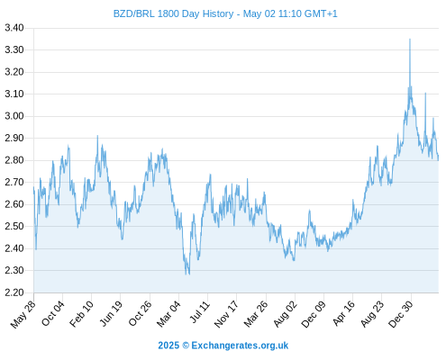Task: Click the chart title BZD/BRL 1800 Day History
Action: [x=173, y=13]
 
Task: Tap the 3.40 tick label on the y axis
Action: [x=14, y=28]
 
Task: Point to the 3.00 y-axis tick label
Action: [x=14, y=116]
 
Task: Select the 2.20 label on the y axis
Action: [x=14, y=292]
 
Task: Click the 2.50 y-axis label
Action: [x=14, y=226]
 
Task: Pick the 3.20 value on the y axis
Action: [x=14, y=72]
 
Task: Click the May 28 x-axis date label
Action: [x=23, y=314]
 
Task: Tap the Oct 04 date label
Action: [x=53, y=313]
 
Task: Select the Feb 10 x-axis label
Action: [x=81, y=314]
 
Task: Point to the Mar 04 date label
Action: [x=168, y=314]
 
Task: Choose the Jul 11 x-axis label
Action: [x=200, y=312]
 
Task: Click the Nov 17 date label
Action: [x=226, y=314]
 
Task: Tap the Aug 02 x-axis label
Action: [x=286, y=314]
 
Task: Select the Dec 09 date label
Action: [x=314, y=314]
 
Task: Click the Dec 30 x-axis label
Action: [x=401, y=314]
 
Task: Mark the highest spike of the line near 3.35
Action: [x=410, y=39]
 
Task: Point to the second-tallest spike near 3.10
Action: [x=425, y=94]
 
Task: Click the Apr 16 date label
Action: [x=344, y=313]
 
